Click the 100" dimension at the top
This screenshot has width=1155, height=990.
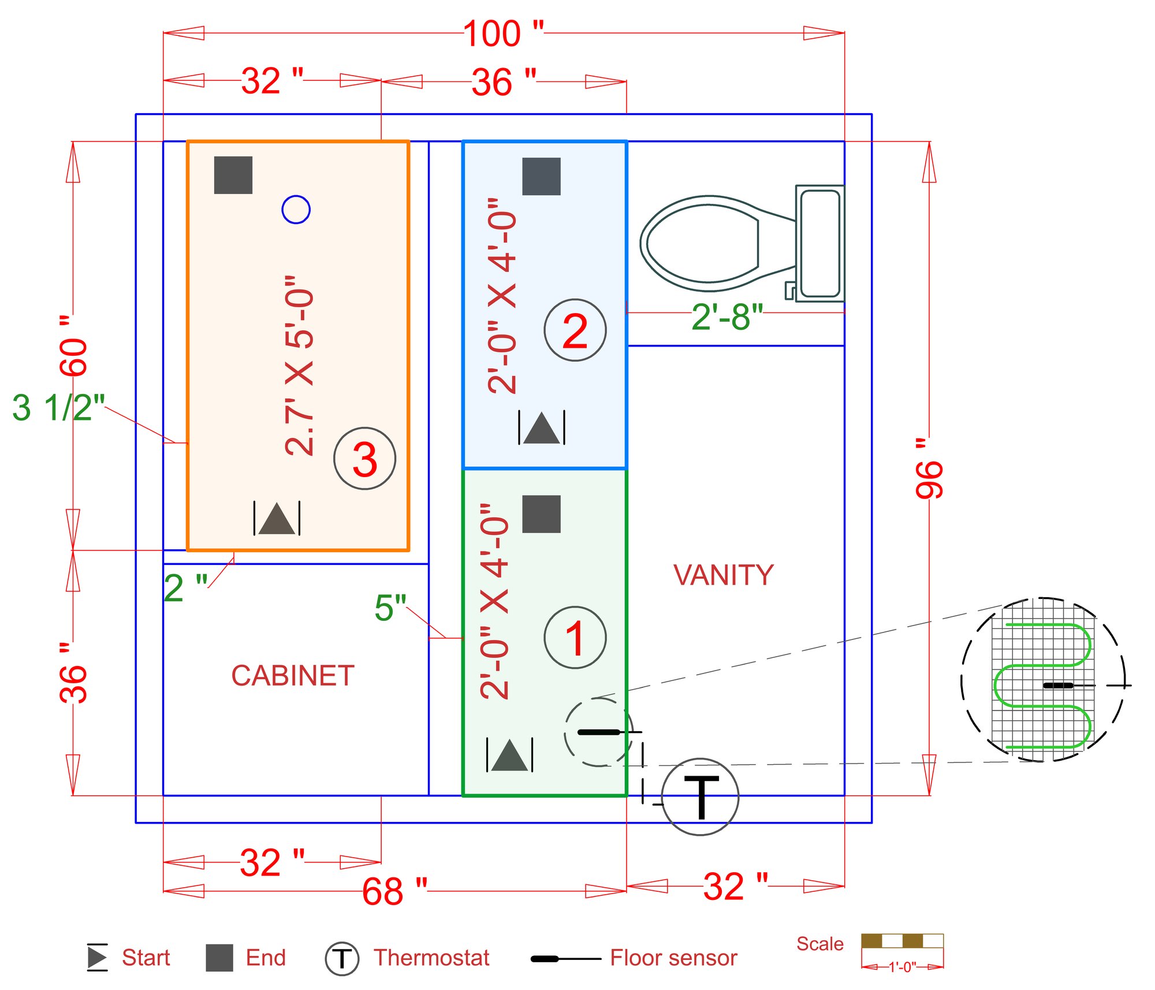tap(502, 34)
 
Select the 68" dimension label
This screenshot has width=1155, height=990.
tap(394, 892)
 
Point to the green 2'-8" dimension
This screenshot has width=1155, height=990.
tap(727, 317)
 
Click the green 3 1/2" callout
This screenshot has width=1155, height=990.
tap(58, 408)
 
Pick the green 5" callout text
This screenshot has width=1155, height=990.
tap(390, 608)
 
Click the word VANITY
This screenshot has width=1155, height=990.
tap(723, 575)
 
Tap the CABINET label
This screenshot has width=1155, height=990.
tap(293, 676)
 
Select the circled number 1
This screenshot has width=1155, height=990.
tap(575, 638)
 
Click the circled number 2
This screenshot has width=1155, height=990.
tap(575, 330)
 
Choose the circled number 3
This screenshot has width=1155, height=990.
tap(364, 459)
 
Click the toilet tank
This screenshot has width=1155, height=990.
tap(819, 244)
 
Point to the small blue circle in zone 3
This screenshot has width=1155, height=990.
tap(296, 209)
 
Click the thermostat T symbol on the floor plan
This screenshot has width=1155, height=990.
tap(700, 797)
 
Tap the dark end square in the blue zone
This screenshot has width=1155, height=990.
tap(541, 176)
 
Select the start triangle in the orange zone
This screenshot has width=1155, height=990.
tap(277, 519)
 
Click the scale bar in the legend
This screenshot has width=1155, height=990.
tap(901, 941)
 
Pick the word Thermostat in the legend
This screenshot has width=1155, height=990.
tap(431, 958)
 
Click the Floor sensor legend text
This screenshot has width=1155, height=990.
tap(673, 958)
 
